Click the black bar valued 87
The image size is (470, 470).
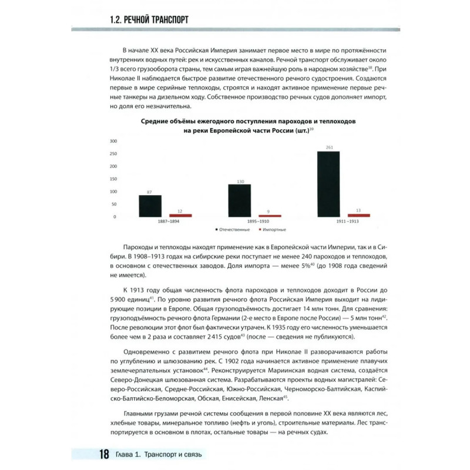point(150,206)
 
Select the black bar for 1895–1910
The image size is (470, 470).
point(239,200)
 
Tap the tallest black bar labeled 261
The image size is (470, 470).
point(328,184)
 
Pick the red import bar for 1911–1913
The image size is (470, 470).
point(359,215)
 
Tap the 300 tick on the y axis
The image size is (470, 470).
point(113,142)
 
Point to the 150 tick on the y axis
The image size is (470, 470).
point(113,179)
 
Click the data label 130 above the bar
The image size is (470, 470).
point(239,181)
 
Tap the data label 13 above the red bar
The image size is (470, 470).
point(359,210)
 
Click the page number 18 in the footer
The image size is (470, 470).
point(103,455)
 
